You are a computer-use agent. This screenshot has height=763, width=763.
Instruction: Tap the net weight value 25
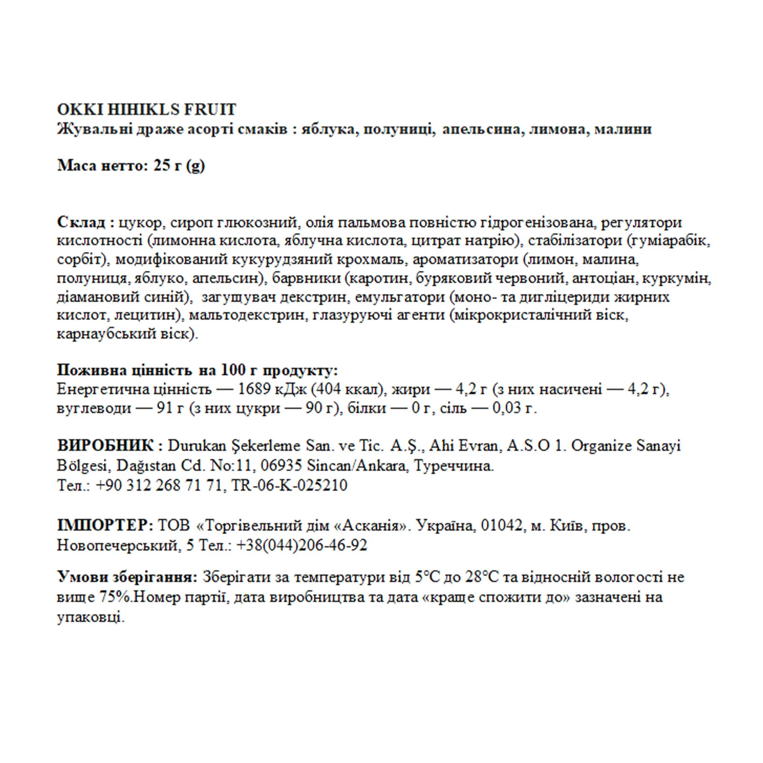(x=162, y=165)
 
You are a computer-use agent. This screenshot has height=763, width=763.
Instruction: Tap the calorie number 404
(x=329, y=389)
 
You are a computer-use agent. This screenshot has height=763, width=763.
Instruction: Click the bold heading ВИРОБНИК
(x=105, y=445)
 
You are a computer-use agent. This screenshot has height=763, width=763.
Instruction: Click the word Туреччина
(x=454, y=465)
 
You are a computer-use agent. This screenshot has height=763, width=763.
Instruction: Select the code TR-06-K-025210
(x=289, y=485)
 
